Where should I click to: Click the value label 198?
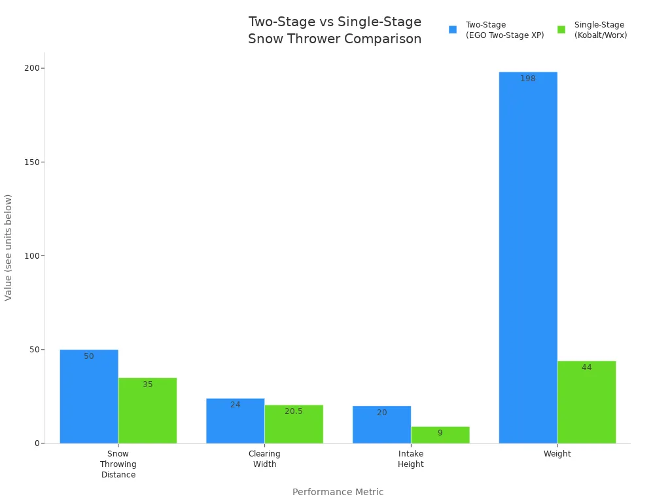point(528,79)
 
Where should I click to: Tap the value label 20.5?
point(294,411)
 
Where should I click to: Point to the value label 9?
point(440,433)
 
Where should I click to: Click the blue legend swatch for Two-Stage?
point(452,29)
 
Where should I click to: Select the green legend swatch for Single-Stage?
point(561,29)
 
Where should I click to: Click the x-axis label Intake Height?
point(411,459)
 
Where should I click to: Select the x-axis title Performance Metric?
point(338,492)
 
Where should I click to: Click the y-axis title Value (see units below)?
point(9,248)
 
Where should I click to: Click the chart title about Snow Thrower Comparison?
point(334,30)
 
